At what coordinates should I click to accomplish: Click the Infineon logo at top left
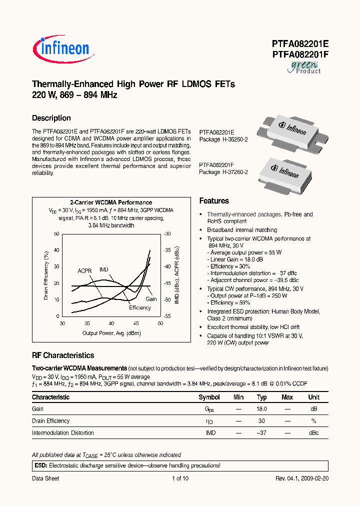61,48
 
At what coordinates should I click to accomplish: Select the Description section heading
51,118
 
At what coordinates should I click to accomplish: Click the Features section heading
214,201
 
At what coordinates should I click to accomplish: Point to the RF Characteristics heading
63,355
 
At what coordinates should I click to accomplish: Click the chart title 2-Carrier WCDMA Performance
111,202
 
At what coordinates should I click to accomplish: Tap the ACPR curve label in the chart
84,271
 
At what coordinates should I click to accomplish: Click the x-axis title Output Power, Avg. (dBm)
111,333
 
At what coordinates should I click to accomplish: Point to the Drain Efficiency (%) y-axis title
45,275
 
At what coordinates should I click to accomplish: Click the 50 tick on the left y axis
56,234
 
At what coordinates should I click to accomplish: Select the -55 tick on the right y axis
167,316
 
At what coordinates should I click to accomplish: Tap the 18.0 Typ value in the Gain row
261,409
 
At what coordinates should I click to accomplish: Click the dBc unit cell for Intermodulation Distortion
313,433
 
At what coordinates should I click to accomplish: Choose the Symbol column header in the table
209,397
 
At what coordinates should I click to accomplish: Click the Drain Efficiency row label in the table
51,421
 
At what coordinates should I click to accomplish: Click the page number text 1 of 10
180,478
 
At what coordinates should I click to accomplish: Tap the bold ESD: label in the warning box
40,465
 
